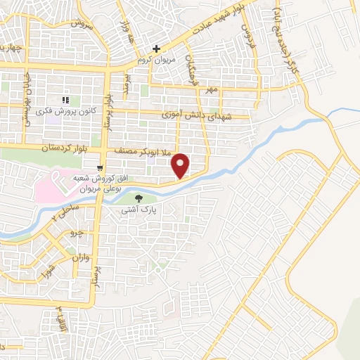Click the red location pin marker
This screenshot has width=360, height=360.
[182, 165]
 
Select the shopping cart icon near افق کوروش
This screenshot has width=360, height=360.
[102, 167]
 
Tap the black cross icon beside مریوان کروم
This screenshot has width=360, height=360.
[157, 49]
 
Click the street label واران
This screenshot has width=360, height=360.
[80, 257]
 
